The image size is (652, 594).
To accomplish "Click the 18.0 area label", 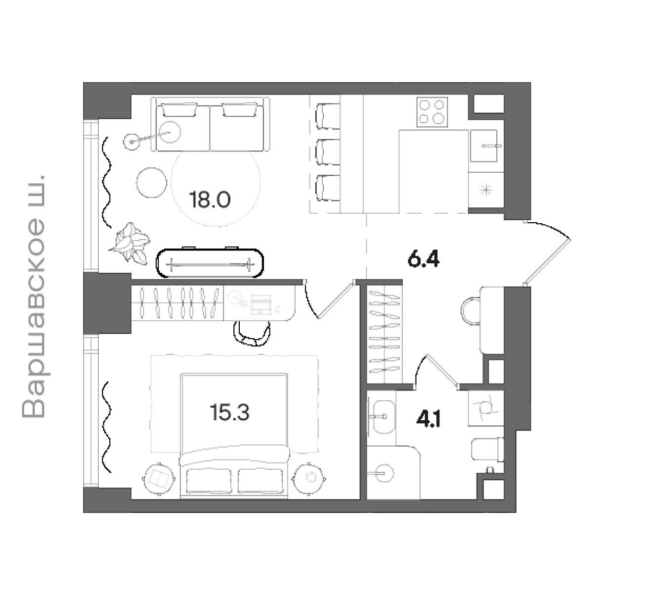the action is click(x=210, y=199).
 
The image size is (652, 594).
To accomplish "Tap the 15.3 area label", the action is click(x=229, y=412).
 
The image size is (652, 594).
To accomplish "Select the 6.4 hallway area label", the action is click(x=424, y=258).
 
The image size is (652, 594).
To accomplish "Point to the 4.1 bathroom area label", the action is click(x=429, y=419).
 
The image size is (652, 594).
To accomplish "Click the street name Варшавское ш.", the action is click(x=33, y=297).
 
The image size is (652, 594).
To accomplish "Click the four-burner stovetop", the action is click(x=432, y=112).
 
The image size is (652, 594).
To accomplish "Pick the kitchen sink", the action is click(x=483, y=146).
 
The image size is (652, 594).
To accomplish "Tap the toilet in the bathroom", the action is click(x=487, y=449).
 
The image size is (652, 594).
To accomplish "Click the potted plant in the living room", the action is click(x=130, y=243).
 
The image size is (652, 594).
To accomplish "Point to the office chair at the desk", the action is click(x=252, y=333).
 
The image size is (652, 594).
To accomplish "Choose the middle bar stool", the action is click(x=328, y=152).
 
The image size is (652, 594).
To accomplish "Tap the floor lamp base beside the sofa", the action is click(x=131, y=142).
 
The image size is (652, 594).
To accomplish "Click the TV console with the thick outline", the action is click(x=210, y=263).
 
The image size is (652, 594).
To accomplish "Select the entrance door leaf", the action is click(x=548, y=262).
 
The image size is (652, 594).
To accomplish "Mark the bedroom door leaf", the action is click(x=336, y=300).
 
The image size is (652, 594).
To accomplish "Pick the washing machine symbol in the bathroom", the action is click(x=486, y=408).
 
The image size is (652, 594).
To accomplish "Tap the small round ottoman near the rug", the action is click(x=152, y=182).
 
